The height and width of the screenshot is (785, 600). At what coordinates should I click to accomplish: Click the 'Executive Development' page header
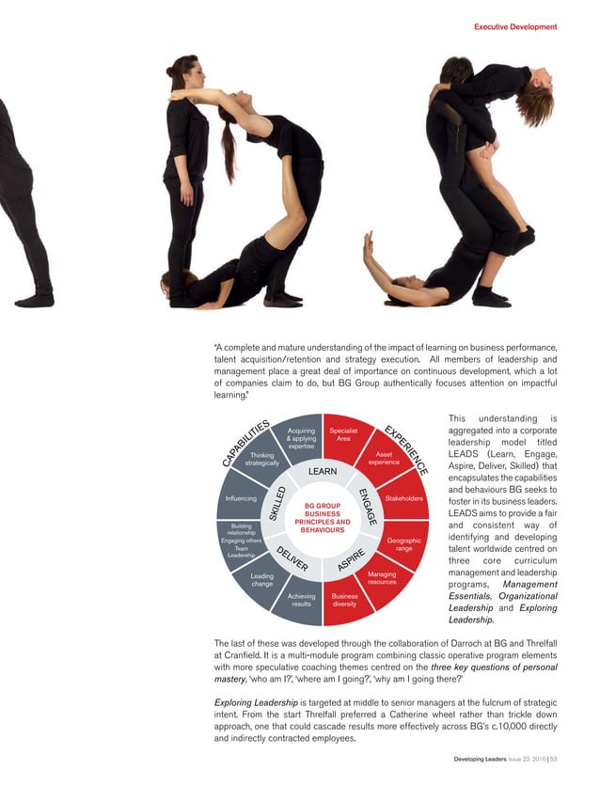coord(514,27)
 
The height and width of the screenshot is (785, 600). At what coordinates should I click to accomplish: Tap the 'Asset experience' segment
coord(384,458)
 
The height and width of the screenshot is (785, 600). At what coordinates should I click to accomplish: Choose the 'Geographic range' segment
coord(403,543)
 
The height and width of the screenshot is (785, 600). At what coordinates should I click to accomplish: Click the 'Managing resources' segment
coord(382,578)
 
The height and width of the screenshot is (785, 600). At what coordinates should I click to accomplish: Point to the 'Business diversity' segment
coord(344,600)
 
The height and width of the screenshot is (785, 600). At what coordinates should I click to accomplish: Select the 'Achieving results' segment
coord(301,600)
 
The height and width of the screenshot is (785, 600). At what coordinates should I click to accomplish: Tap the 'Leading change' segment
coord(262,580)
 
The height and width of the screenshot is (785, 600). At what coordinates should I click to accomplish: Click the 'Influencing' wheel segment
coord(242,498)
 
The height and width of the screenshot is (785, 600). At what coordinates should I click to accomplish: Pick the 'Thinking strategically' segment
coord(262,459)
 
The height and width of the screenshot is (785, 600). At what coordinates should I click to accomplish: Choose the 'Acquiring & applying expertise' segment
coord(301,438)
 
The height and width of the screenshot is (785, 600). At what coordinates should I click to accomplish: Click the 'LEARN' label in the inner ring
coord(323,472)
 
